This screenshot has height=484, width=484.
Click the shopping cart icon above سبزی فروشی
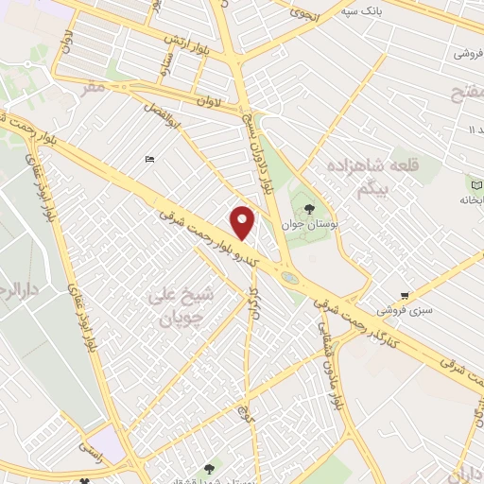(x=405, y=296)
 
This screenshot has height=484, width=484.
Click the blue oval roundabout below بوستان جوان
(x=287, y=276)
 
